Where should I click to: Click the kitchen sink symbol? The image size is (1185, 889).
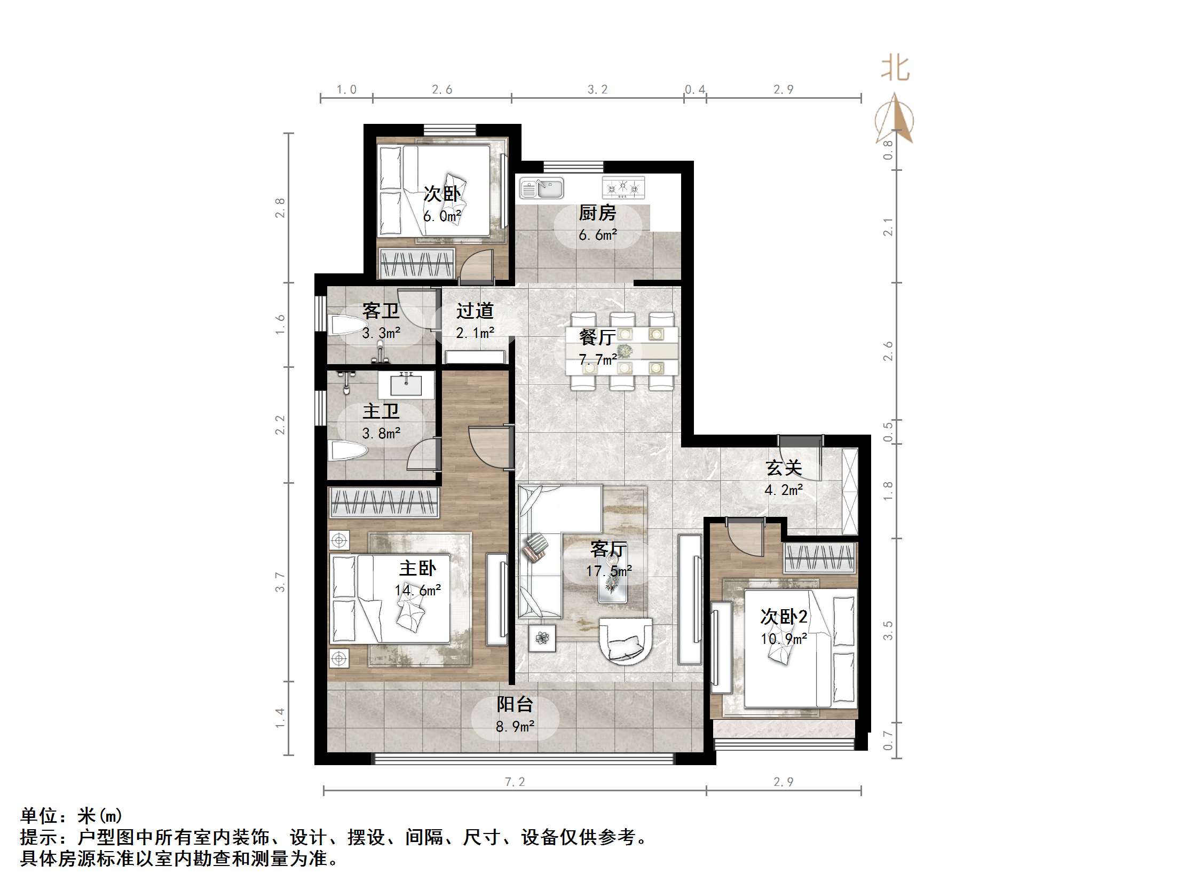[541, 188]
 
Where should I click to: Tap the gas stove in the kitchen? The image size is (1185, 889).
[623, 187]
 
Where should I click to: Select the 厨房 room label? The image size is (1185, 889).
[597, 213]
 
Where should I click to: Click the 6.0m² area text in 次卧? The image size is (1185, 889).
[442, 216]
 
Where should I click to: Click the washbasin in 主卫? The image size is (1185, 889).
[406, 384]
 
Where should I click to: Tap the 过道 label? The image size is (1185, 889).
[475, 311]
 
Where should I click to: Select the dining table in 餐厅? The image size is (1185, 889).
[621, 351]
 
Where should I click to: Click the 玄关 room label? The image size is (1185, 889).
[783, 468]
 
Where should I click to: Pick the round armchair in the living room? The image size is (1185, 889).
[626, 641]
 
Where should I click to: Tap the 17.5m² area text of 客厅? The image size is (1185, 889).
[609, 571]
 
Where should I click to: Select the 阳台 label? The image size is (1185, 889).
[514, 704]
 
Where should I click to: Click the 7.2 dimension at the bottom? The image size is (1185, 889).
[515, 782]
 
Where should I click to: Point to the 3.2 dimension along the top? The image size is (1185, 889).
[597, 90]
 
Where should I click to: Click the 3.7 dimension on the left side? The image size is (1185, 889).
[280, 582]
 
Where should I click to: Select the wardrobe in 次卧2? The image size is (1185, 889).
[819, 558]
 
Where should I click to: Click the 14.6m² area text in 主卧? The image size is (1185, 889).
[418, 591]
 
